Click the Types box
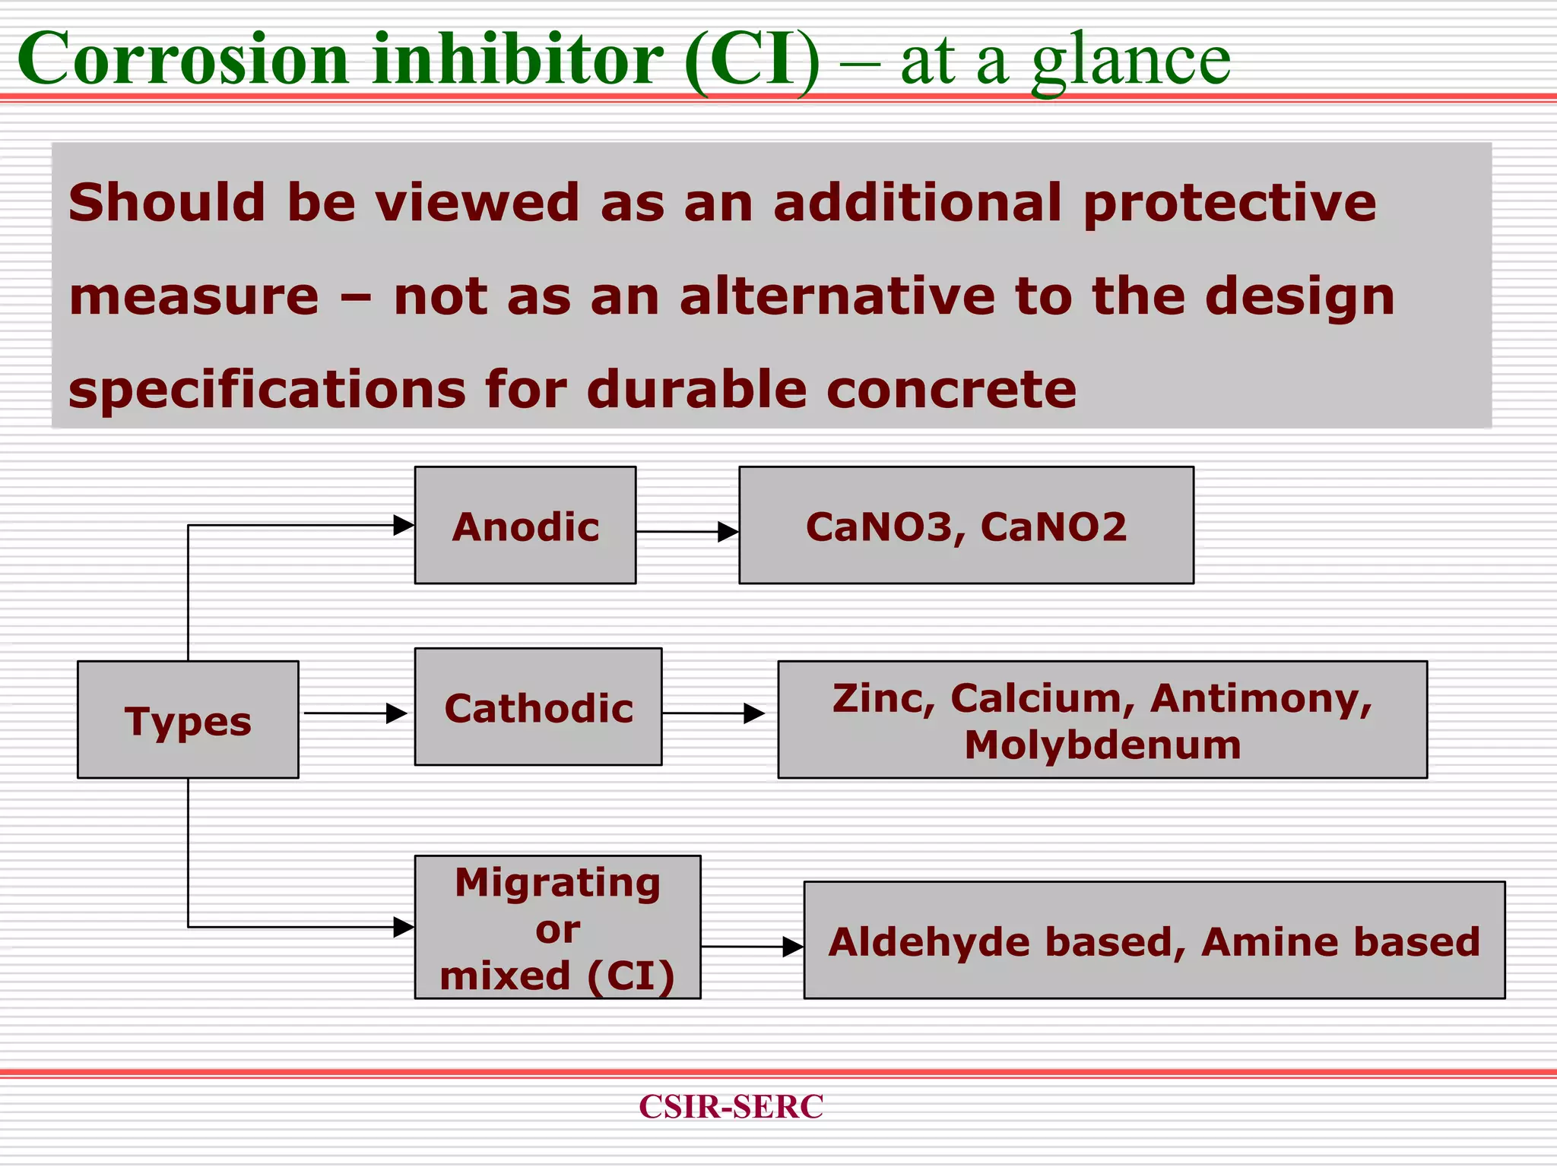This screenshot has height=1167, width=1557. click(188, 719)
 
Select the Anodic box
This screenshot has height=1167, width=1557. click(525, 526)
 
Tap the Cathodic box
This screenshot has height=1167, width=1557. click(538, 707)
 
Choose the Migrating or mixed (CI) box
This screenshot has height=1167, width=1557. click(557, 928)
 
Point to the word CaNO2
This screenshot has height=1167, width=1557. click(1053, 527)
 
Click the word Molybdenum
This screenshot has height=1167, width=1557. click(1102, 745)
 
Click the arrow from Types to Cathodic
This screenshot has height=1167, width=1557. click(355, 713)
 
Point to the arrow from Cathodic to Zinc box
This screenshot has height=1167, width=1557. click(712, 713)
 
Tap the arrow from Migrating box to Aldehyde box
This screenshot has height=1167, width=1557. click(751, 947)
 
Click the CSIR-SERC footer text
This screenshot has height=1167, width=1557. click(731, 1106)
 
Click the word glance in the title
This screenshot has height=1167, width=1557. click(1130, 61)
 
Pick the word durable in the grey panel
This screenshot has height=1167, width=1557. click(696, 389)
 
